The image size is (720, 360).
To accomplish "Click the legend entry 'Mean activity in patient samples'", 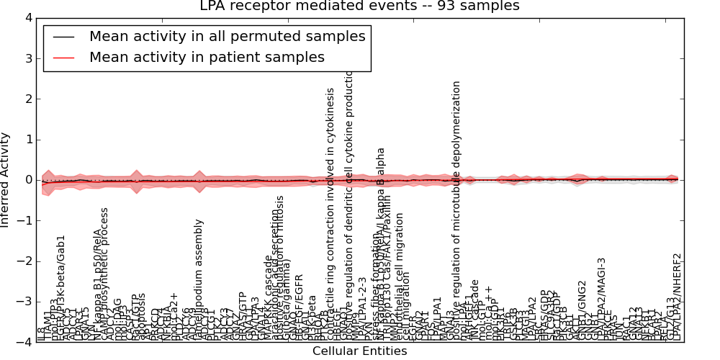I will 207,58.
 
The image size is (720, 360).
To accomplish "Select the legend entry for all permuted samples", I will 227,37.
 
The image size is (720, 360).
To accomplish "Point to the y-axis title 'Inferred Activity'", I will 6,179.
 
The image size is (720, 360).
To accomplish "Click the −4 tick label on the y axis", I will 24,343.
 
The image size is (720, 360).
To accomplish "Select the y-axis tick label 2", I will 28,99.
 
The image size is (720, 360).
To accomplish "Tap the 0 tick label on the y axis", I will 28,180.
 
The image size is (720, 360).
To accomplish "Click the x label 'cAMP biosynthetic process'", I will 104,274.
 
